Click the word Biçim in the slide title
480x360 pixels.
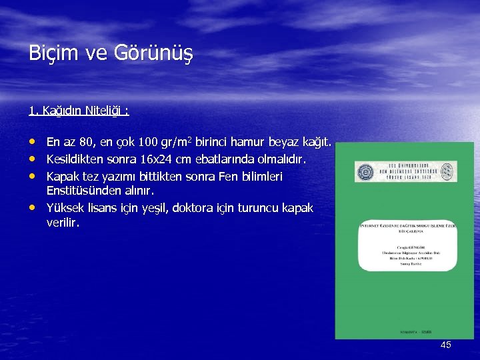coord(49,53)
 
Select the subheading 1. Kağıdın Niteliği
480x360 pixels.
coord(79,111)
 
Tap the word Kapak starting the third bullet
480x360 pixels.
coord(61,177)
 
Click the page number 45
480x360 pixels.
coord(445,345)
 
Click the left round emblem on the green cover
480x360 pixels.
coord(365,171)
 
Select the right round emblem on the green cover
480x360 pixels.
coord(447,171)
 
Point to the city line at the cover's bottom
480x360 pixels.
coord(405,331)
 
